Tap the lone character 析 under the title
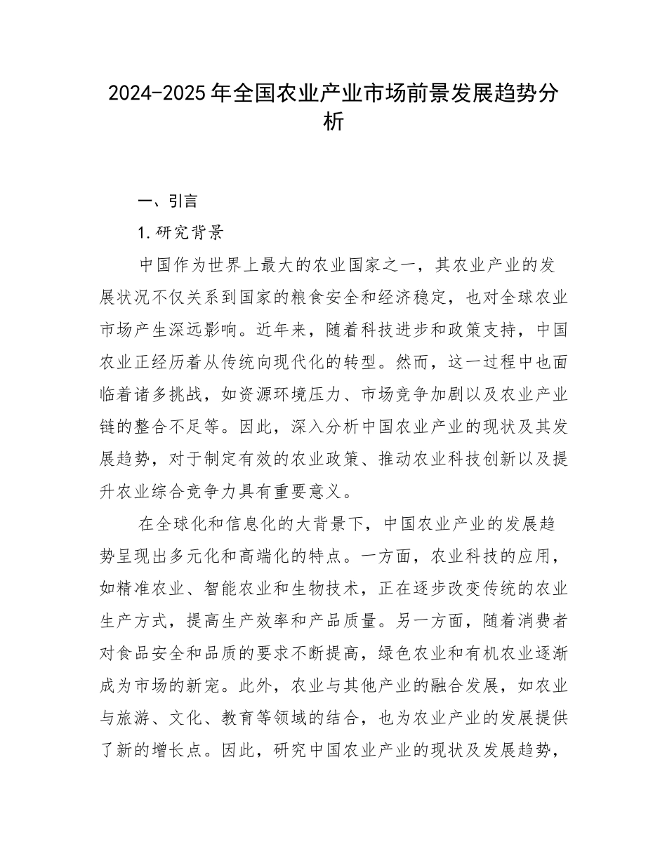click(x=333, y=121)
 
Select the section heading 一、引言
click(x=169, y=201)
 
